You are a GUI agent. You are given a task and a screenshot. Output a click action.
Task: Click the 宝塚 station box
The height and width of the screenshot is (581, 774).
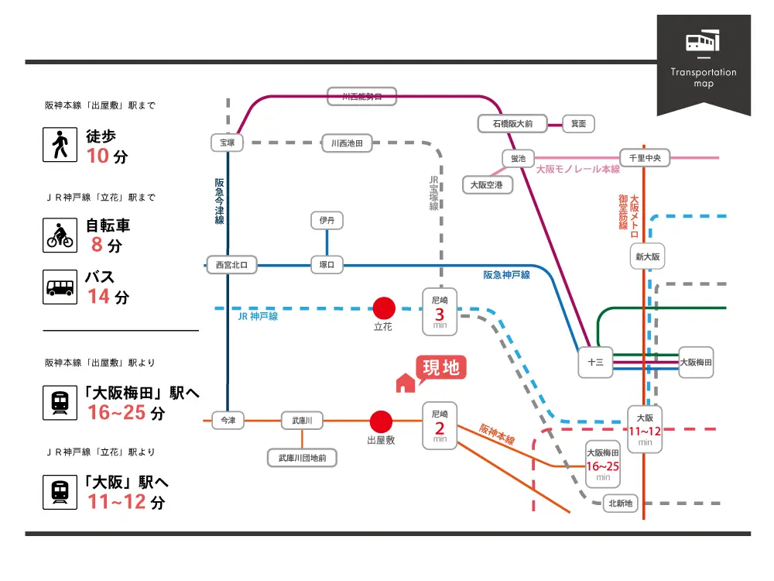(x=227, y=143)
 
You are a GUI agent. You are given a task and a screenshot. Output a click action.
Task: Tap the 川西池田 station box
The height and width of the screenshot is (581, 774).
(x=347, y=143)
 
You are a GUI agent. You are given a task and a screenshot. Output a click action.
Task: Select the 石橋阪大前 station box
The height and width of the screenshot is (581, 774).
(x=512, y=123)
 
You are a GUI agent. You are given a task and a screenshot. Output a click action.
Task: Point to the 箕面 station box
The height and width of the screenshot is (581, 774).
(x=578, y=123)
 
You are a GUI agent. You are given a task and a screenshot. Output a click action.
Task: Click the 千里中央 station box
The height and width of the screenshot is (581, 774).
(x=644, y=158)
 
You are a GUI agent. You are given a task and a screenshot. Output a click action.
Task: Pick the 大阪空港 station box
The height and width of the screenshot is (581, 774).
(x=487, y=185)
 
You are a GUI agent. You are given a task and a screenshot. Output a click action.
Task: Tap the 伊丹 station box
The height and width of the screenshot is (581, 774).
(x=327, y=221)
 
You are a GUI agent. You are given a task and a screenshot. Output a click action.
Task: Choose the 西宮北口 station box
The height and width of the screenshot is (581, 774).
(x=231, y=265)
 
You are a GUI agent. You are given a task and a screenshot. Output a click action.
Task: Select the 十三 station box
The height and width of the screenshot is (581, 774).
(x=595, y=362)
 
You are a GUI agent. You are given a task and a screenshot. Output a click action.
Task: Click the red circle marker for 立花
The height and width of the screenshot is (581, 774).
(x=384, y=308)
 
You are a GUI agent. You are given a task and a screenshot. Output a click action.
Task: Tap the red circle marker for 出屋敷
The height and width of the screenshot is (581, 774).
(x=380, y=421)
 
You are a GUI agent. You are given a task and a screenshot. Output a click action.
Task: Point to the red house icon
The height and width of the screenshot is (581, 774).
(x=405, y=383)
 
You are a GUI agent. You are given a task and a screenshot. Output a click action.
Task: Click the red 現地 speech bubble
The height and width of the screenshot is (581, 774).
(x=442, y=368)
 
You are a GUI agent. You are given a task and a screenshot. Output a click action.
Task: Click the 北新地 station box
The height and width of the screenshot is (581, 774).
(x=620, y=504)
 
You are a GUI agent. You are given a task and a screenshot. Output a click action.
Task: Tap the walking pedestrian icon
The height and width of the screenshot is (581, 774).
(x=60, y=144)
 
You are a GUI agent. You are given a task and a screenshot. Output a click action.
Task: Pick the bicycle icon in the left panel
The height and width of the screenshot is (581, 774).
(x=60, y=235)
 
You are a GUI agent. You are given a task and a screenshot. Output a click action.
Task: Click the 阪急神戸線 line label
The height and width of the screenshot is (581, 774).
(x=506, y=275)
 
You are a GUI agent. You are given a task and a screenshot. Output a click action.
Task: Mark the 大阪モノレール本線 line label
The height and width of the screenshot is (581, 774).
(x=578, y=169)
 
